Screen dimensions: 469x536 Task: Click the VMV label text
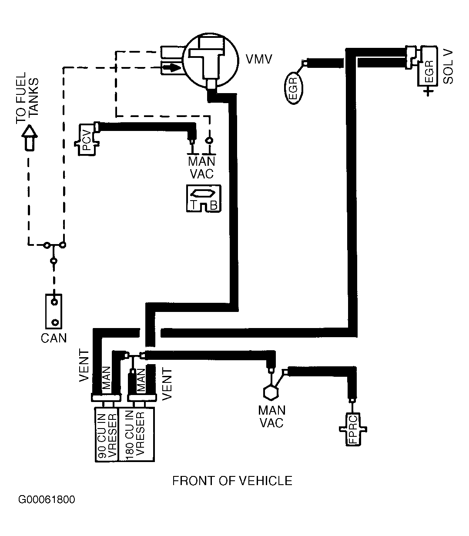click(259, 59)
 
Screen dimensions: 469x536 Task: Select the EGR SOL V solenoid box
click(427, 66)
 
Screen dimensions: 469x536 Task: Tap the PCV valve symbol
click(87, 140)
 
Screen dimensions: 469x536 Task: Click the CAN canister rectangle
click(54, 312)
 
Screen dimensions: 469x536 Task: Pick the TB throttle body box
click(204, 198)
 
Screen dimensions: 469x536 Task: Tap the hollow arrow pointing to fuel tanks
click(30, 138)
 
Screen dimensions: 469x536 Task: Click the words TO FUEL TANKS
click(27, 98)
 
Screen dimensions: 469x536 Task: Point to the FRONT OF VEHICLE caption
click(232, 481)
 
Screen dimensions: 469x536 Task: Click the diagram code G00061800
click(47, 499)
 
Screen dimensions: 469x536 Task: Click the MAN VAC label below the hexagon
click(272, 417)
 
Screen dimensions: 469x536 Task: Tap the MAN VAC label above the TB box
click(201, 167)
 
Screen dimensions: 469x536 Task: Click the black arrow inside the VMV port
click(171, 68)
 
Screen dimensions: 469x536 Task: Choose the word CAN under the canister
click(54, 338)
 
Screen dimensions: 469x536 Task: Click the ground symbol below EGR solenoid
click(428, 91)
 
